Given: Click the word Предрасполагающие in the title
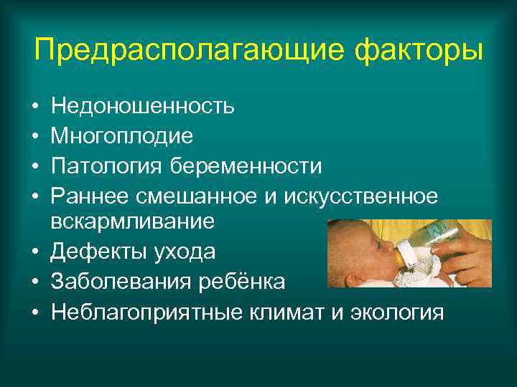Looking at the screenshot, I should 169,51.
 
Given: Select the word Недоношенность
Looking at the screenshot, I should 142,107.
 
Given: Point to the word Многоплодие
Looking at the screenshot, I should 123,136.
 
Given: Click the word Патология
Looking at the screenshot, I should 107,166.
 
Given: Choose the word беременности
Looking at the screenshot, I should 246,166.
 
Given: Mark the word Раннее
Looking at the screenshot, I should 91,195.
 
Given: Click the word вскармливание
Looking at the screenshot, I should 133,221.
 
